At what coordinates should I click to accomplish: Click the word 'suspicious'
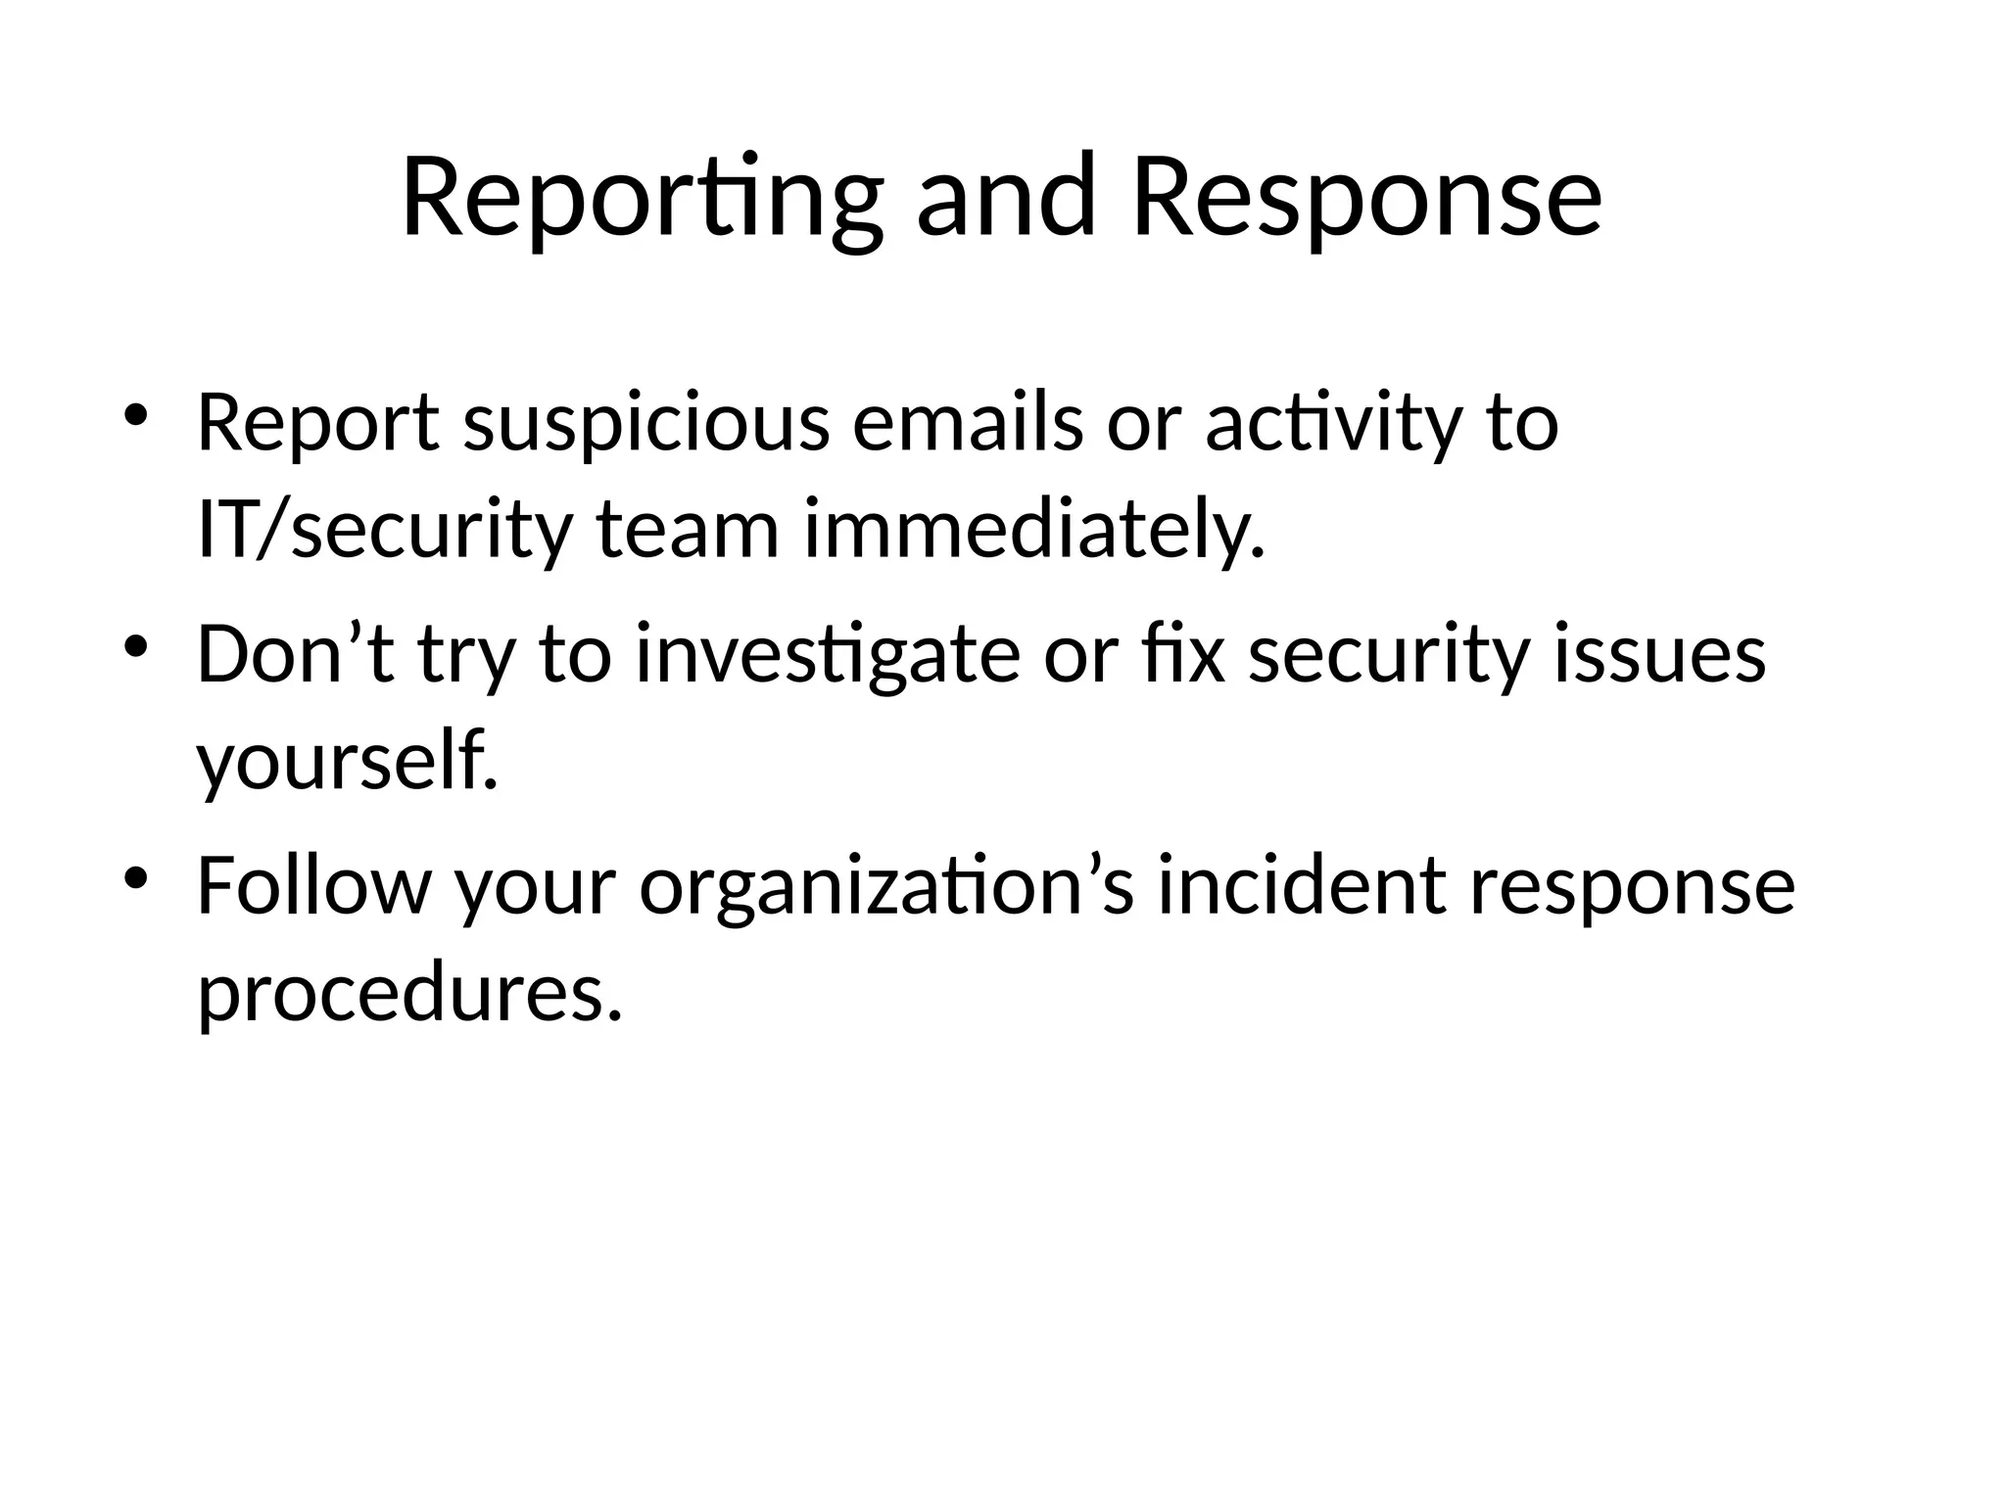tap(646, 425)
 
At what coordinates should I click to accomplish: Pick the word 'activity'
tap(1332, 425)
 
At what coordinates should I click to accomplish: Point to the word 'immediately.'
tap(1034, 531)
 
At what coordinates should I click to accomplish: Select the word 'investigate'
tap(828, 656)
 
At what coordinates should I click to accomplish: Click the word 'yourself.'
tap(348, 762)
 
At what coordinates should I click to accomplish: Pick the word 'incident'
tap(1302, 885)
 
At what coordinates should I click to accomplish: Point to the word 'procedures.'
tap(410, 993)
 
